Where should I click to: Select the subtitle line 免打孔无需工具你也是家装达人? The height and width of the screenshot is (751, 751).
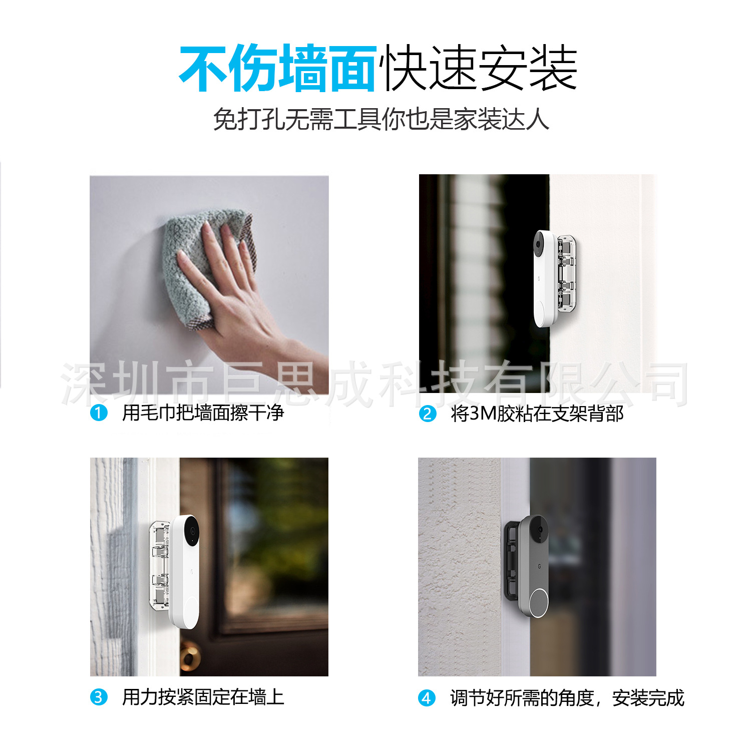click(381, 119)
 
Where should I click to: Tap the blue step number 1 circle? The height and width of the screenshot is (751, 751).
click(99, 413)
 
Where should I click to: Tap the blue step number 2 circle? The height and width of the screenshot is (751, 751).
click(427, 414)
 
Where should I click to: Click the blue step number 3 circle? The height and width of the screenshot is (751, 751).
click(99, 697)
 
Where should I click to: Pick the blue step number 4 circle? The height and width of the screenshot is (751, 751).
click(427, 698)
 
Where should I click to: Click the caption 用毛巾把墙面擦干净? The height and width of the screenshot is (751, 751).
click(203, 413)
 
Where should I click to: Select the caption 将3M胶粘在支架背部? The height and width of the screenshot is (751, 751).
click(537, 414)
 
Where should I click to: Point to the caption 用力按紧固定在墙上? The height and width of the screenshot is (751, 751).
click(203, 697)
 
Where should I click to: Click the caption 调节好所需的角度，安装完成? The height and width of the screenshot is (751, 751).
click(567, 698)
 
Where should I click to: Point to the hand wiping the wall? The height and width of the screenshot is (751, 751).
click(235, 300)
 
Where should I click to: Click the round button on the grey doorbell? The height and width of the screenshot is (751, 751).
click(539, 602)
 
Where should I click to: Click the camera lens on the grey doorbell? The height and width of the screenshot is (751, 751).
click(540, 530)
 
